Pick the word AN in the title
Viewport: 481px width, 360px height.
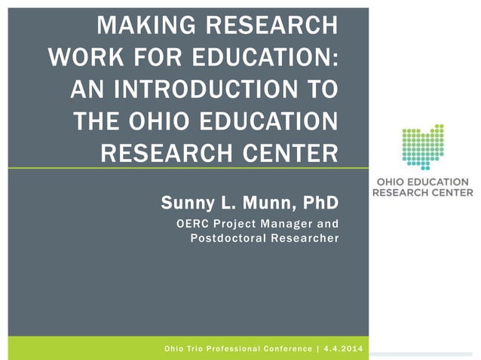(x=90, y=90)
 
